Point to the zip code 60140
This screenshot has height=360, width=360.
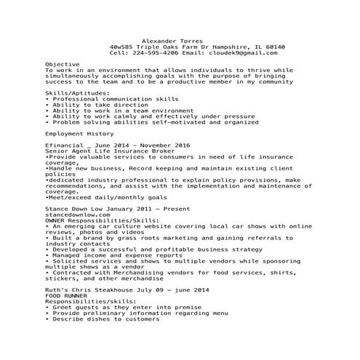coord(276,47)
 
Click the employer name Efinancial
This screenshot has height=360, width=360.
coord(65,147)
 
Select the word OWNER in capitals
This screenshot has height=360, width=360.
coord(55,221)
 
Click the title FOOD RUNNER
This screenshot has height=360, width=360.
coord(65,296)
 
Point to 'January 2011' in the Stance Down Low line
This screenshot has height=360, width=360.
coord(137,209)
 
